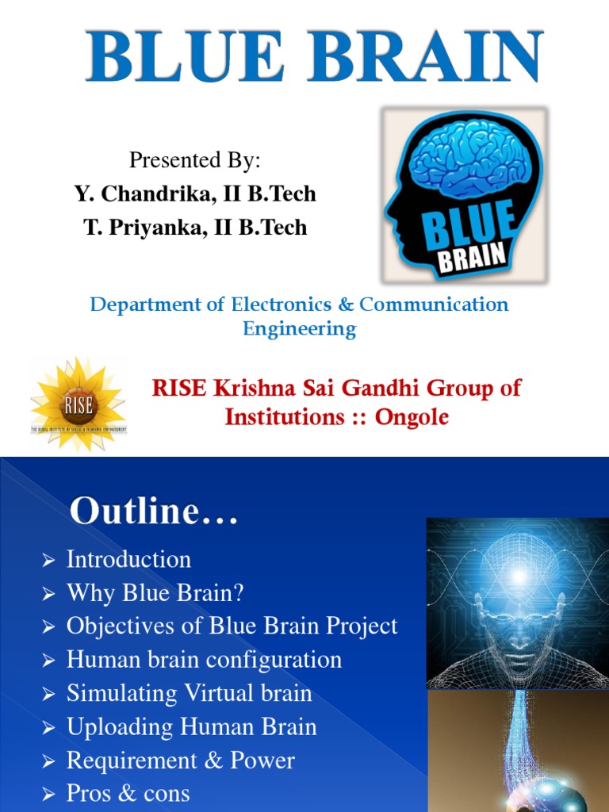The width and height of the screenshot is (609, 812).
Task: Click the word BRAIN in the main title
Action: coord(413,55)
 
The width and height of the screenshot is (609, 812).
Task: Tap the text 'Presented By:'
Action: coord(195,160)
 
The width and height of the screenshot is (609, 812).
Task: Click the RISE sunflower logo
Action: coord(79,404)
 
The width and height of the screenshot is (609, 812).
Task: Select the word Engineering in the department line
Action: coord(299,328)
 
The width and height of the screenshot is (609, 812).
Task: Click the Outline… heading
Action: coord(154,511)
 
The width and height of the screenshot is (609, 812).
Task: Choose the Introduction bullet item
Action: coord(128,559)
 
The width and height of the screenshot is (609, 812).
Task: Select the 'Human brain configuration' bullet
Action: coord(204,660)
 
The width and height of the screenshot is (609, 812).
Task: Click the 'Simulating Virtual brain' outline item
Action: coord(189,693)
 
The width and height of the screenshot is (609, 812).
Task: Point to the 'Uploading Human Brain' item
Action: coord(191,726)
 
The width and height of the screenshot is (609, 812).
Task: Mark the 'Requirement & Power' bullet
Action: coord(180,760)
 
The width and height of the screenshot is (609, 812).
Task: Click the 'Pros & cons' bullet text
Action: coord(128,794)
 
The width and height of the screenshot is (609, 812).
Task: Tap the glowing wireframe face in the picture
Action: coord(518,611)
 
